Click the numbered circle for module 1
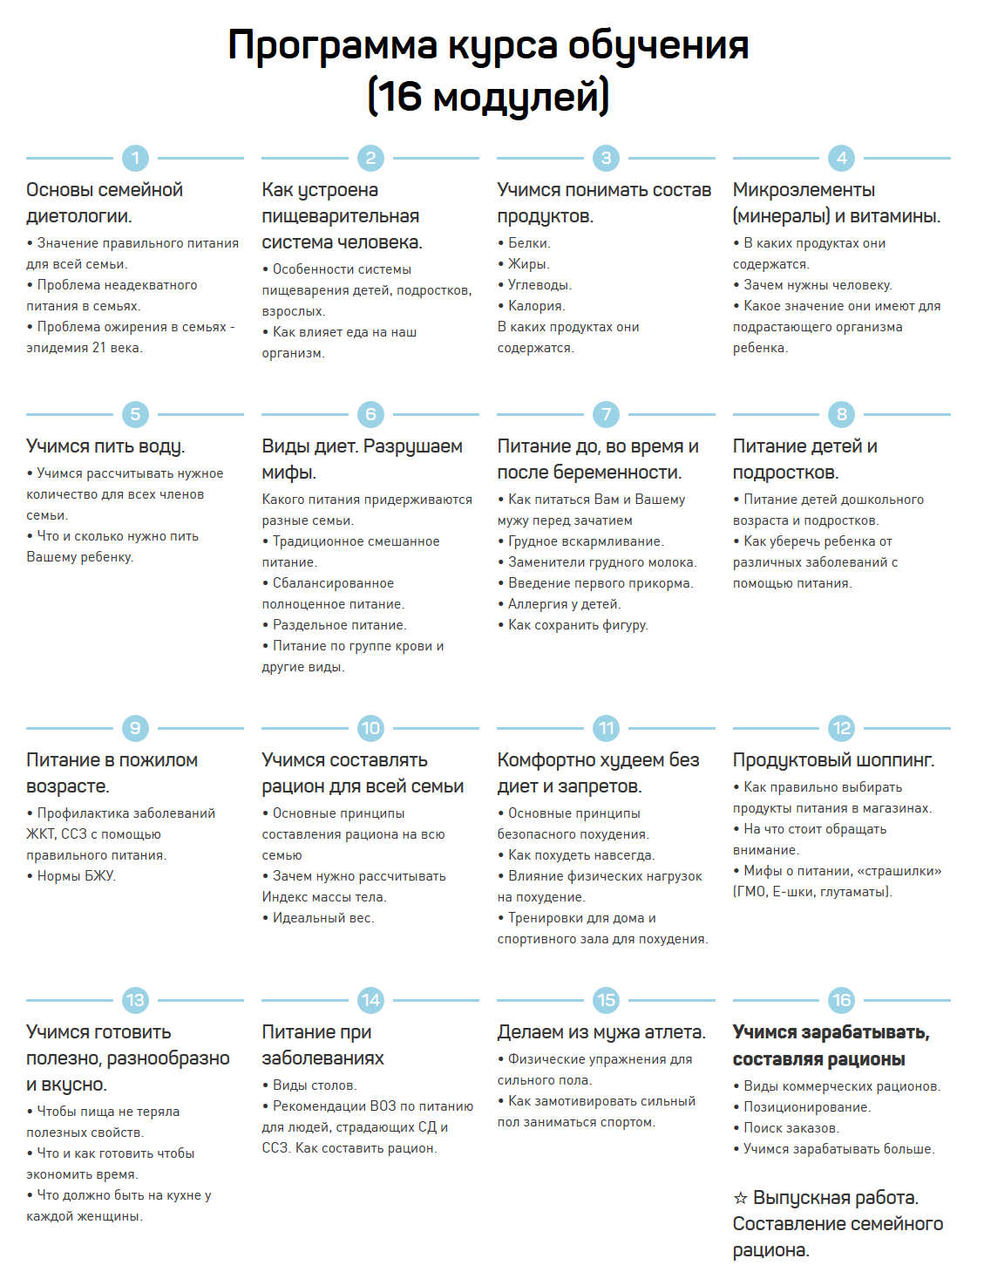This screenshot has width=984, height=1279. (x=135, y=158)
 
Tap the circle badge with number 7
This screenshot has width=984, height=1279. (x=606, y=414)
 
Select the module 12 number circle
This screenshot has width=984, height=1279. (x=841, y=728)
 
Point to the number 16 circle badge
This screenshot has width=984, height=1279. (x=841, y=1000)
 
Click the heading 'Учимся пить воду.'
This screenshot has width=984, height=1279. (x=105, y=446)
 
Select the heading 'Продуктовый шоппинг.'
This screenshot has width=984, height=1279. (x=833, y=760)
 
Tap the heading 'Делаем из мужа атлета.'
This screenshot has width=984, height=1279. (x=601, y=1032)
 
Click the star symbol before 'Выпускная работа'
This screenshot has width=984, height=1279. (x=741, y=1199)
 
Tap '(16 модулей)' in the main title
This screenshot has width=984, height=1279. (x=488, y=96)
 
